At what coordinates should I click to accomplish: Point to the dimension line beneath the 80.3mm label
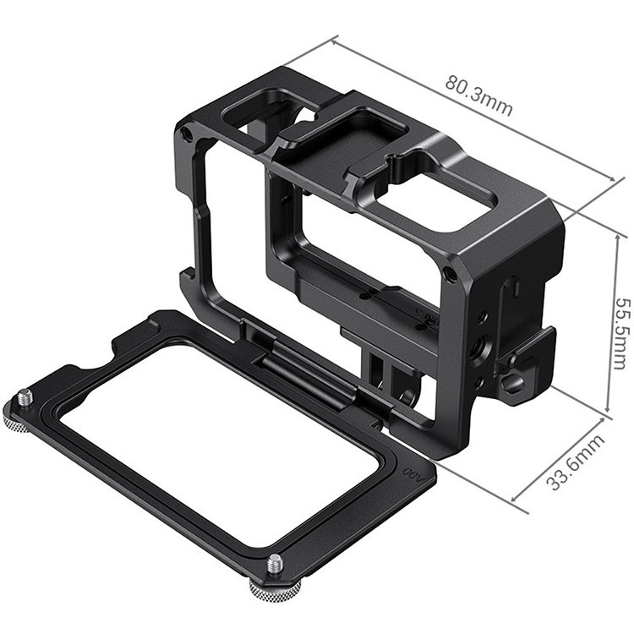(473, 107)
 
